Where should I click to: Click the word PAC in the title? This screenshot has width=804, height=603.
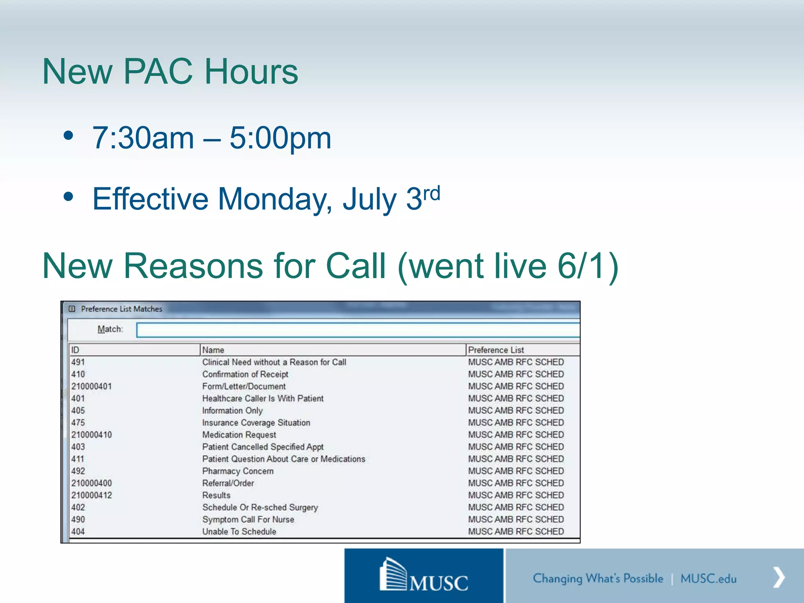point(160,71)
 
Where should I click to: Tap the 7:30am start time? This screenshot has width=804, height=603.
point(143,138)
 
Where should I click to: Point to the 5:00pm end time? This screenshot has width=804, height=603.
point(280,138)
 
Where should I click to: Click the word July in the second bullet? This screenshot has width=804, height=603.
point(369,199)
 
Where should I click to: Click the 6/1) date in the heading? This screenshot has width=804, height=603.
point(588,266)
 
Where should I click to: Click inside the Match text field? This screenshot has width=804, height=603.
point(357,330)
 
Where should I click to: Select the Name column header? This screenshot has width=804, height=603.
point(214,350)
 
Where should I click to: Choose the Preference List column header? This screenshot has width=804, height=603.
point(496,350)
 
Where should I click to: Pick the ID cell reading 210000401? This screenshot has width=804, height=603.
point(91,386)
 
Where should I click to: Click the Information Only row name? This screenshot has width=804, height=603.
point(232,411)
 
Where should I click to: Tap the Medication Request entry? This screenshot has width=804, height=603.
point(239,435)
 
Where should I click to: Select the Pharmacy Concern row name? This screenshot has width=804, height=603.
point(238,471)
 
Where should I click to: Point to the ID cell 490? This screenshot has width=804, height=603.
point(78,519)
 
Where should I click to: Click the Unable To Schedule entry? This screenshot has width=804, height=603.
point(239,532)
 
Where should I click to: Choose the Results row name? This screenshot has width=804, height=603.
point(216,495)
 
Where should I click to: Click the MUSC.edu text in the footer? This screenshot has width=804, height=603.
point(708,579)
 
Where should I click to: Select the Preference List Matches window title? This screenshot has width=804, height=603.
point(121,309)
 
